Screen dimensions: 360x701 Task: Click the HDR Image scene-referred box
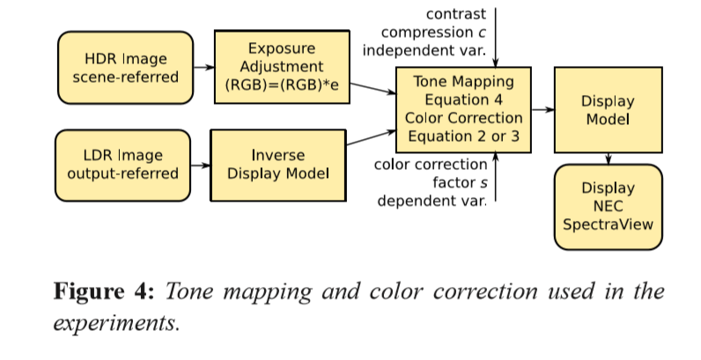(x=125, y=68)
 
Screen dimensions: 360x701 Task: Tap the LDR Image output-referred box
(x=122, y=165)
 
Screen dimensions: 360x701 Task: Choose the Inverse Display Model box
(x=277, y=165)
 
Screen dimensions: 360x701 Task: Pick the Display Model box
(x=608, y=109)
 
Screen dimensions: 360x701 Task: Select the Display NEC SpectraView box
(x=608, y=206)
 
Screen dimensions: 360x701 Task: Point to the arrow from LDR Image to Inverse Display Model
(x=200, y=165)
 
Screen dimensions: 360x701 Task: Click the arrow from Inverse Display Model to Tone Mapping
(x=370, y=139)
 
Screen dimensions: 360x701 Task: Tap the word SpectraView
(x=609, y=224)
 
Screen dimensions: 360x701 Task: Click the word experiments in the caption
(x=116, y=322)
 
